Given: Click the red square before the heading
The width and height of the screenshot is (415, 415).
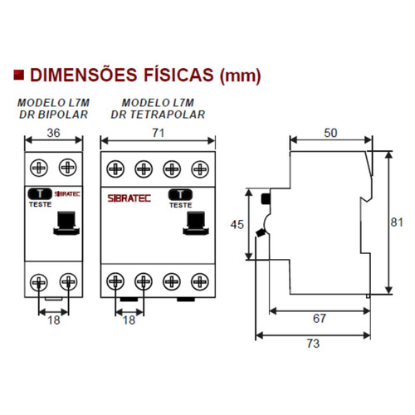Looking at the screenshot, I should (18, 76).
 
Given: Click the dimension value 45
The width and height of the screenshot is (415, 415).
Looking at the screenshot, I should (239, 224).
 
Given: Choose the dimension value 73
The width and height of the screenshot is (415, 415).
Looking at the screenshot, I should (313, 344).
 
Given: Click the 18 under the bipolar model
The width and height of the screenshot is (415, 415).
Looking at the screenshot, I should (52, 319).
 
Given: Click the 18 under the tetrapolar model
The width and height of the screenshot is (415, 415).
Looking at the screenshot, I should (129, 319).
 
